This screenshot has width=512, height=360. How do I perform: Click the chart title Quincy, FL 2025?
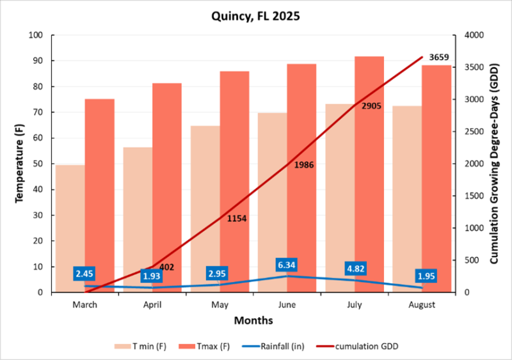tap(255, 16)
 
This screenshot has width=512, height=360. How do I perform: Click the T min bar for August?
tap(407, 199)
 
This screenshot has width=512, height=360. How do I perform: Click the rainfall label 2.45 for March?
tap(85, 274)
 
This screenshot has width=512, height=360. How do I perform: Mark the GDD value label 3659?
tap(438, 57)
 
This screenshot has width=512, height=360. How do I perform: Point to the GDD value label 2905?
tap(371, 106)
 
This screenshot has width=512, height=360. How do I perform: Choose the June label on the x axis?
tap(287, 305)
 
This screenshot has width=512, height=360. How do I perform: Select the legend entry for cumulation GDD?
tap(369, 346)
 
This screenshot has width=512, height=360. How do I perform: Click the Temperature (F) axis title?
tap(19, 164)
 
